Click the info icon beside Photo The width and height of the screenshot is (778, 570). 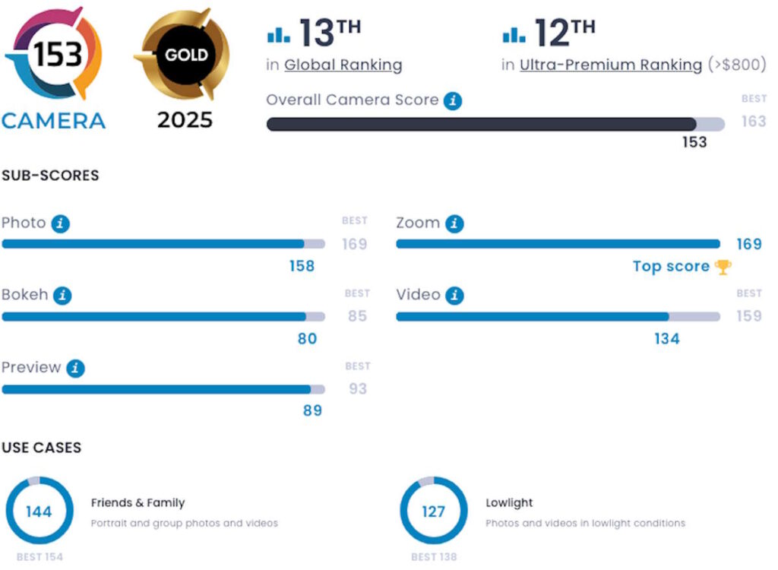60,224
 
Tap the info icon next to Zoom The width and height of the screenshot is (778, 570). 454,224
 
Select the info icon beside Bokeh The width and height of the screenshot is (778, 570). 62,296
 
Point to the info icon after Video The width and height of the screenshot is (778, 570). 454,296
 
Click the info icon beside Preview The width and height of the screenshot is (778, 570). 75,369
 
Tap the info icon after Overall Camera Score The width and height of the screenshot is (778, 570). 453,100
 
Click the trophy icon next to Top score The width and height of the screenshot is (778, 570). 723,267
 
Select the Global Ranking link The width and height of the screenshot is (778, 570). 343,65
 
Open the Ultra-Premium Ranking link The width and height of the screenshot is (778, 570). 610,65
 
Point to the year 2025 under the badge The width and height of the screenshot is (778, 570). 185,120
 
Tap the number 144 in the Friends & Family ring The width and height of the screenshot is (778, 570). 39,511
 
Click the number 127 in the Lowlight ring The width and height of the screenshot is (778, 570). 433,511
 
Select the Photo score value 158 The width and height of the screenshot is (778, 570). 302,266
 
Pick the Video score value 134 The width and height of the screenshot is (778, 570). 666,339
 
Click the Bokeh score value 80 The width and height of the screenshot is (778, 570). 307,339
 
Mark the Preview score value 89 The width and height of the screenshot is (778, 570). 312,410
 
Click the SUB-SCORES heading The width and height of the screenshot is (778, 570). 50,176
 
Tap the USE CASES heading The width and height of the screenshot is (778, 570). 41,448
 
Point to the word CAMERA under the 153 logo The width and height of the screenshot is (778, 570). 53,121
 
